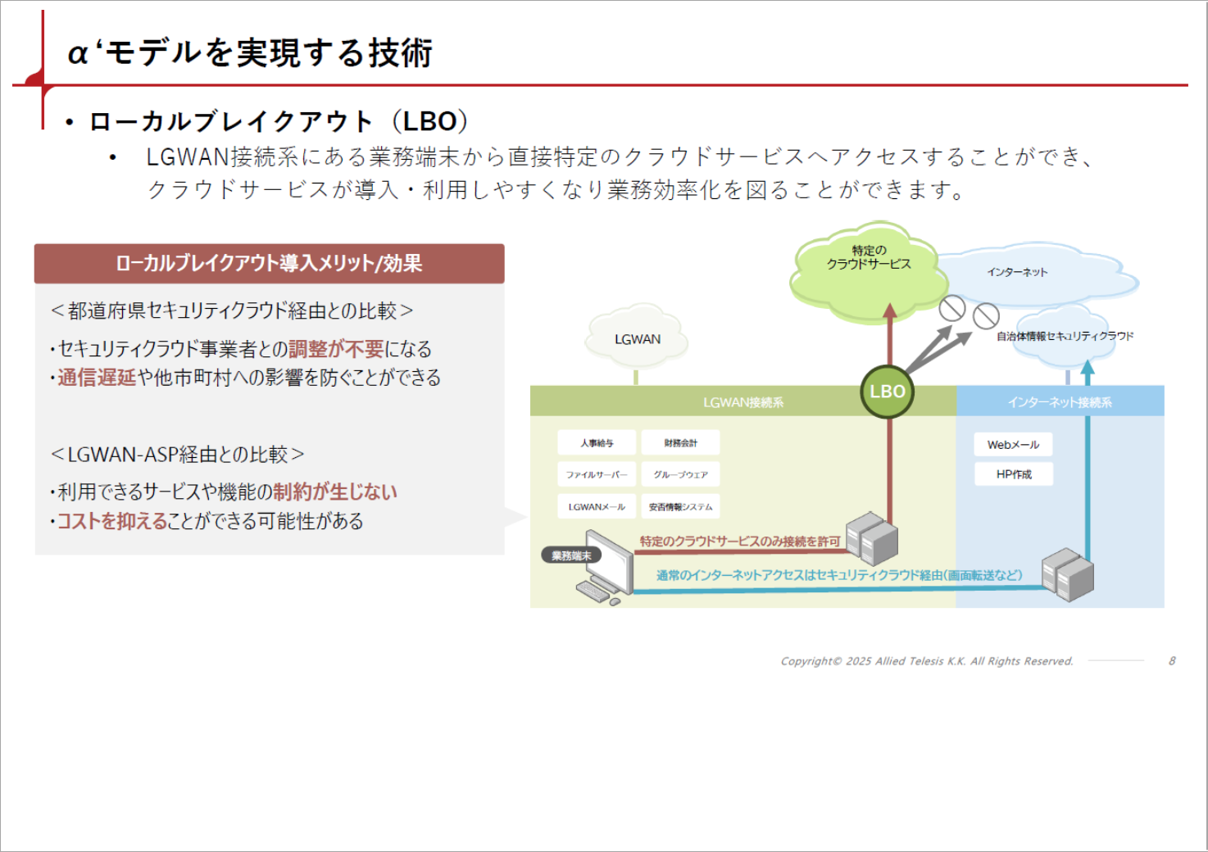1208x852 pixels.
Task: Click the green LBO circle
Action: tap(887, 392)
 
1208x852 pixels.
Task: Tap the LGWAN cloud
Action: tap(637, 339)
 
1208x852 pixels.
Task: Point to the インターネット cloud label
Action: tap(1017, 272)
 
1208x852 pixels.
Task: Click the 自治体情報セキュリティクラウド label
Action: tap(1065, 336)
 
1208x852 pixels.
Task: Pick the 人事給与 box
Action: tap(597, 443)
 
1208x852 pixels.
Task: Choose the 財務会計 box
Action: tap(680, 443)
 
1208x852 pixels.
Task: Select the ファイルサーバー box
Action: tap(597, 474)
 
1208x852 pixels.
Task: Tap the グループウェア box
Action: tap(680, 474)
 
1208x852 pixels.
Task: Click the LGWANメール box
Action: tap(597, 506)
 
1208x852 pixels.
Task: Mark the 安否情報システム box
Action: tap(680, 506)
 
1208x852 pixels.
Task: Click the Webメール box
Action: tap(1013, 445)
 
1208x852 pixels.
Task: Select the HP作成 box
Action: tap(1013, 474)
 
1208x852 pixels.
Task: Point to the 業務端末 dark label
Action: tap(571, 555)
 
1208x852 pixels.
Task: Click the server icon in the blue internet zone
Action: tap(1067, 574)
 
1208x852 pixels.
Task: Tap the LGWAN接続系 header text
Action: tap(743, 402)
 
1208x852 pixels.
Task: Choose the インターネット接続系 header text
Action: tap(1059, 402)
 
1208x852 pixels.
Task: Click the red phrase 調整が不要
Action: tap(336, 349)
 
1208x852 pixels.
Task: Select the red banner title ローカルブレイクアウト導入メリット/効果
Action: tap(269, 264)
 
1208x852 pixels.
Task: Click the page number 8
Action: tap(1172, 661)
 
